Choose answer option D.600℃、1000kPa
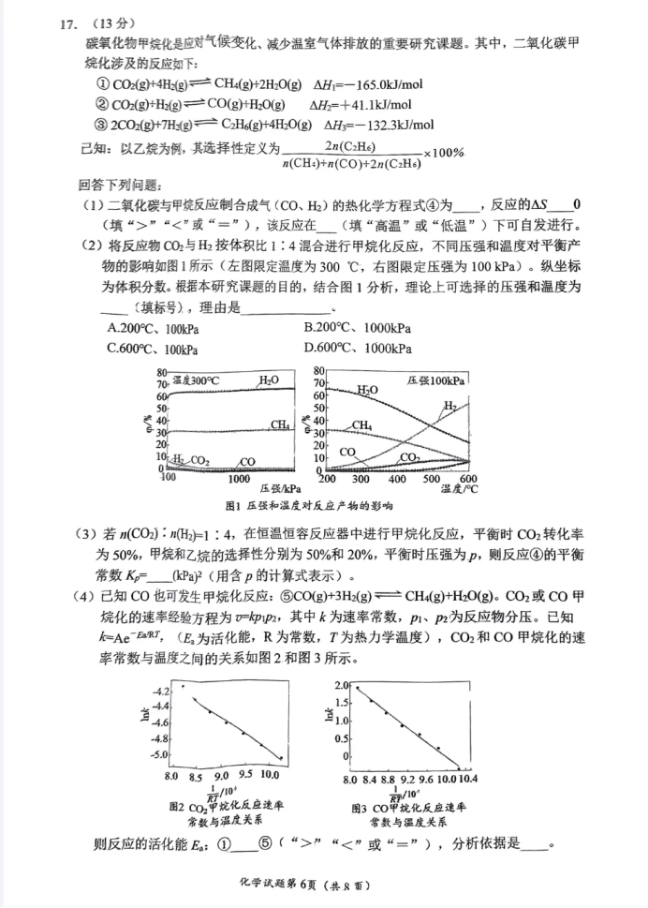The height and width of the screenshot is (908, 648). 357,349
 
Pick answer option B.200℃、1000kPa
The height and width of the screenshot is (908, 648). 357,329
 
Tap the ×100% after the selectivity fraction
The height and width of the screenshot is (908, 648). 444,153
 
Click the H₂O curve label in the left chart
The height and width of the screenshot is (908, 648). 268,380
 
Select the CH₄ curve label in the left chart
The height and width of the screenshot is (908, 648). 279,424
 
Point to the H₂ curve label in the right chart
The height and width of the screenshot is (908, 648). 449,405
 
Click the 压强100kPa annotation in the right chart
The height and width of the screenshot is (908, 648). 436,380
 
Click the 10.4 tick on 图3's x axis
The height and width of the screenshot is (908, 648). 469,778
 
